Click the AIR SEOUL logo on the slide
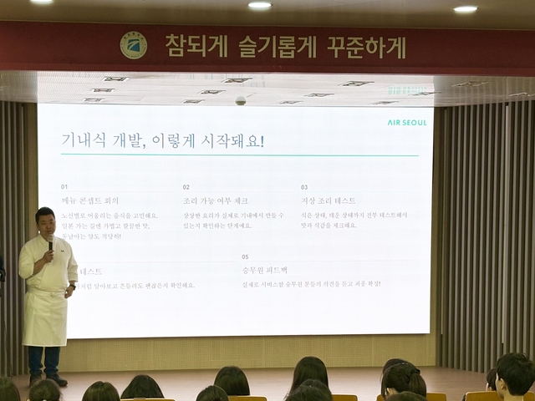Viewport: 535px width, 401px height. [x=406, y=122]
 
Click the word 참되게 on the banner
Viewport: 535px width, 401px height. [x=194, y=45]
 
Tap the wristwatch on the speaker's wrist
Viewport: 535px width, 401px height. [x=70, y=287]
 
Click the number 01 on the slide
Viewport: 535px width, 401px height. [x=64, y=187]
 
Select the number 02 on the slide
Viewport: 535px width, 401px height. [x=186, y=187]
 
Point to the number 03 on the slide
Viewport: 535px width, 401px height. [x=304, y=187]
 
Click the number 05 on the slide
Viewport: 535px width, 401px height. [x=245, y=256]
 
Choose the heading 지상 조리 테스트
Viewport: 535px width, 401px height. [x=329, y=201]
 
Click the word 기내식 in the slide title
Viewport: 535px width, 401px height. [x=86, y=140]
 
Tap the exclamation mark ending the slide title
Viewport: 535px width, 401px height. [x=262, y=140]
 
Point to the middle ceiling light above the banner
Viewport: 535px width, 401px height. [x=260, y=5]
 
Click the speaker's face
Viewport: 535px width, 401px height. [x=46, y=224]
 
